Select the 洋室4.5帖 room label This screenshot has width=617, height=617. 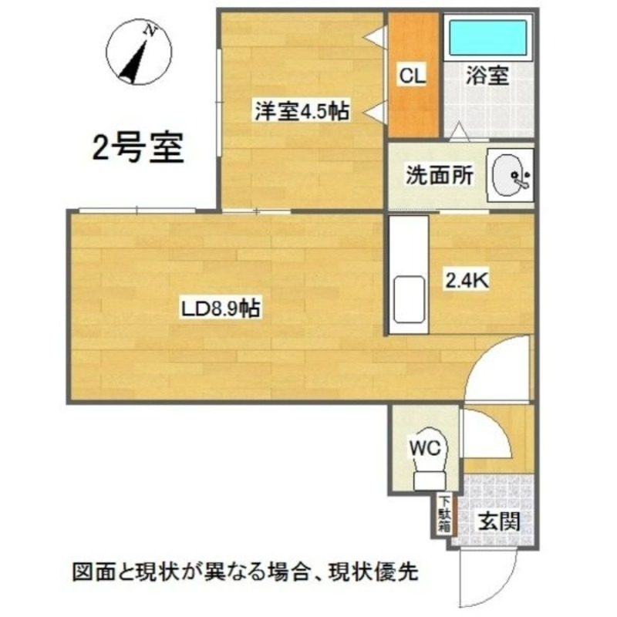(302, 112)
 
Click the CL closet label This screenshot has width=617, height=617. (412, 76)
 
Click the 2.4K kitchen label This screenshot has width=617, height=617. (465, 279)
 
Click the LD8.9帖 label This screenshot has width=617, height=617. (220, 309)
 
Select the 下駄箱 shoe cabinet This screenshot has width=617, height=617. (445, 514)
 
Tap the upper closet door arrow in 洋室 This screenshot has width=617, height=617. (375, 36)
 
